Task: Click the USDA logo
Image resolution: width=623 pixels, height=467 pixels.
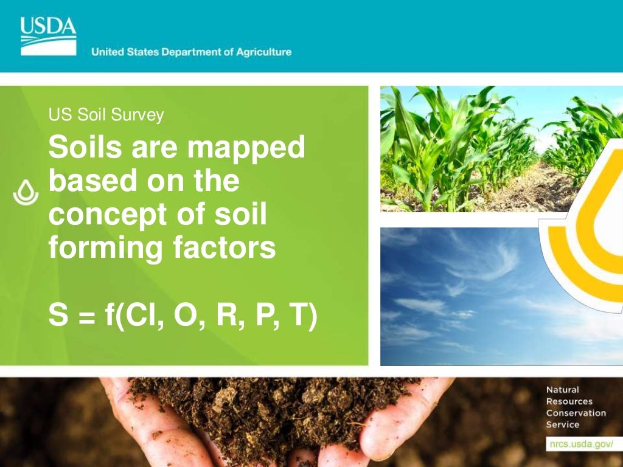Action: click(49, 35)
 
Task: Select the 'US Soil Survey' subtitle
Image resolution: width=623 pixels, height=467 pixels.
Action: click(106, 115)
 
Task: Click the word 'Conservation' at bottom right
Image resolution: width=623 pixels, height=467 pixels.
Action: click(576, 413)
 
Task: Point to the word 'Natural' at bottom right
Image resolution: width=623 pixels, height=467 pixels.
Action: click(563, 390)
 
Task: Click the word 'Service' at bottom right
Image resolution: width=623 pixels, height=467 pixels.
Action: click(563, 424)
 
